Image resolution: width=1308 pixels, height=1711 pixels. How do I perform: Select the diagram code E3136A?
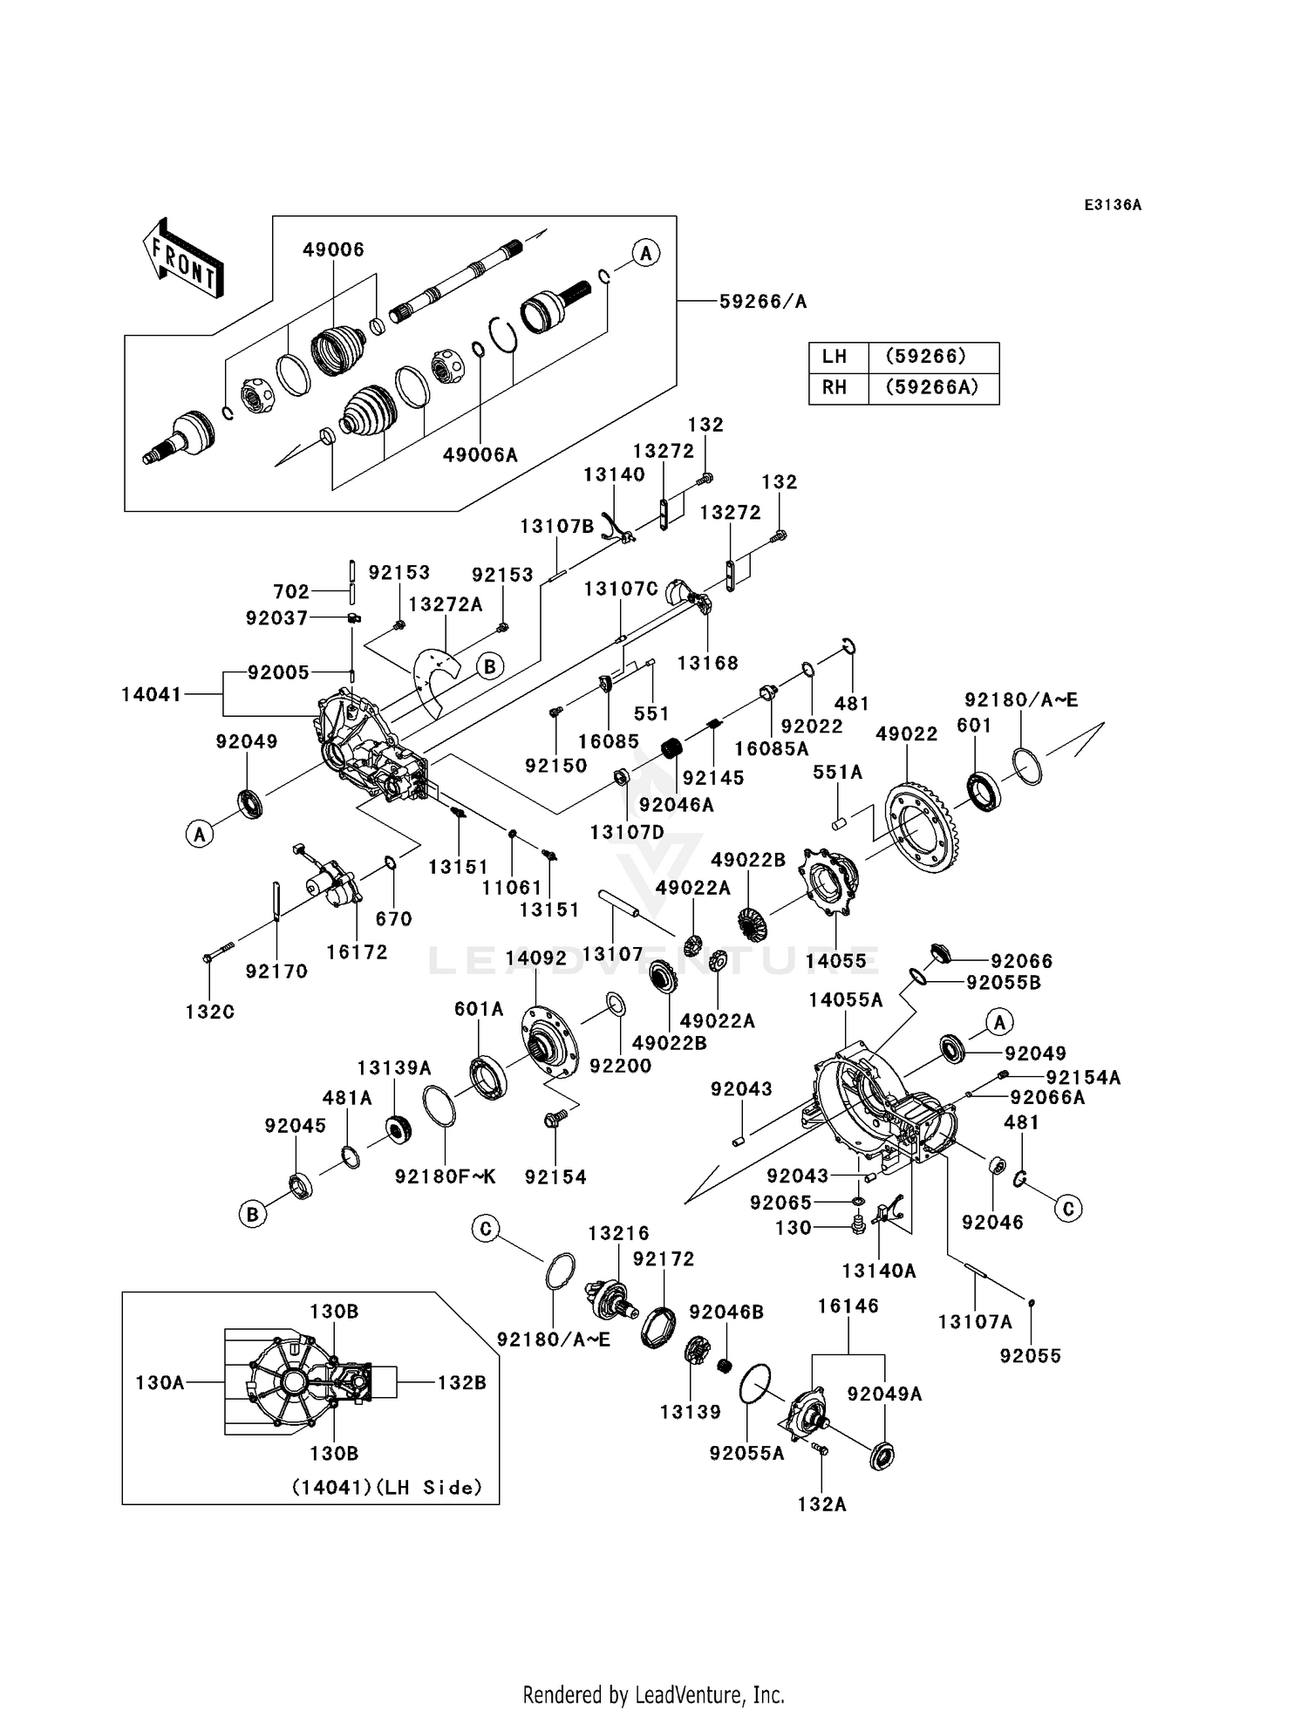1112,205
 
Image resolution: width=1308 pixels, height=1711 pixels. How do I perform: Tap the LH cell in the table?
835,357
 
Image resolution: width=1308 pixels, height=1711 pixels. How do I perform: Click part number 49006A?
480,454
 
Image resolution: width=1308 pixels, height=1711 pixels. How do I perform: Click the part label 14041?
152,694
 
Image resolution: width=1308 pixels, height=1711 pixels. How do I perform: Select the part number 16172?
357,952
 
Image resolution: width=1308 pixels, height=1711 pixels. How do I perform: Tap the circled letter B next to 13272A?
490,666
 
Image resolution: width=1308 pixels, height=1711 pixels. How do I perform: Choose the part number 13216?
618,1233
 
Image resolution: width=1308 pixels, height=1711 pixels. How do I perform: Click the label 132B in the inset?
461,1382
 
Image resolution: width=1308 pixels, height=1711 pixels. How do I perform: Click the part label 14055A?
845,1000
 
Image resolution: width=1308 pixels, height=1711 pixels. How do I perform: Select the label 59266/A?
763,302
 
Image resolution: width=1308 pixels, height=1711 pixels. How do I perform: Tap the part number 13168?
707,663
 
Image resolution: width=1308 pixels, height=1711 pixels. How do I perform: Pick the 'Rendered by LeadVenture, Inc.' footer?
653,1694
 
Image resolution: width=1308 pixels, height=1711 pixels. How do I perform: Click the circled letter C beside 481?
1068,1208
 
